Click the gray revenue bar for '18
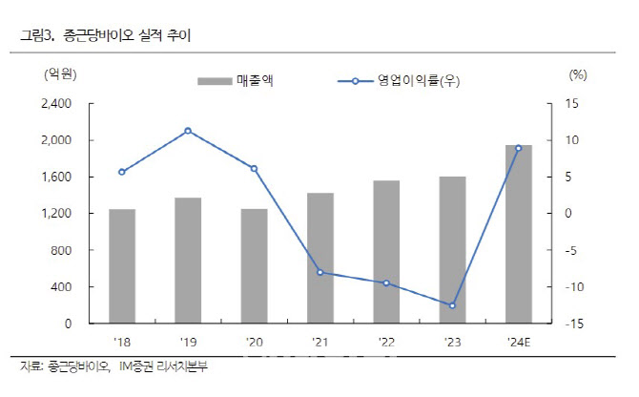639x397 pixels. tap(122, 266)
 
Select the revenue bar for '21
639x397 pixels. tap(320, 258)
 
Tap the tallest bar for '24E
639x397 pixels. tap(519, 234)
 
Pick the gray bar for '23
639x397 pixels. tap(452, 250)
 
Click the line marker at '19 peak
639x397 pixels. tap(188, 131)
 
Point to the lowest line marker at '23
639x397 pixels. tap(452, 305)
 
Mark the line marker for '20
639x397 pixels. tap(254, 168)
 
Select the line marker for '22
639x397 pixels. tap(386, 282)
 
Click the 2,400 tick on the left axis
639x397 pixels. tap(56, 103)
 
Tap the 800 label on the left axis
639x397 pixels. tap(61, 250)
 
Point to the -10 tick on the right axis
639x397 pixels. tap(574, 287)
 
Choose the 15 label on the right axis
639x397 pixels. tap(571, 103)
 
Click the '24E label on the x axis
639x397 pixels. tap(519, 342)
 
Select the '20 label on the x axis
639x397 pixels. tap(255, 342)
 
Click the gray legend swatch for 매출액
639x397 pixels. tap(215, 81)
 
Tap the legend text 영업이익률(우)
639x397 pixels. tap(419, 81)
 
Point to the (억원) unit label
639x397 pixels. tap(60, 74)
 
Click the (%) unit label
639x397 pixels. tap(578, 74)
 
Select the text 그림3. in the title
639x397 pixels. tap(37, 36)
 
